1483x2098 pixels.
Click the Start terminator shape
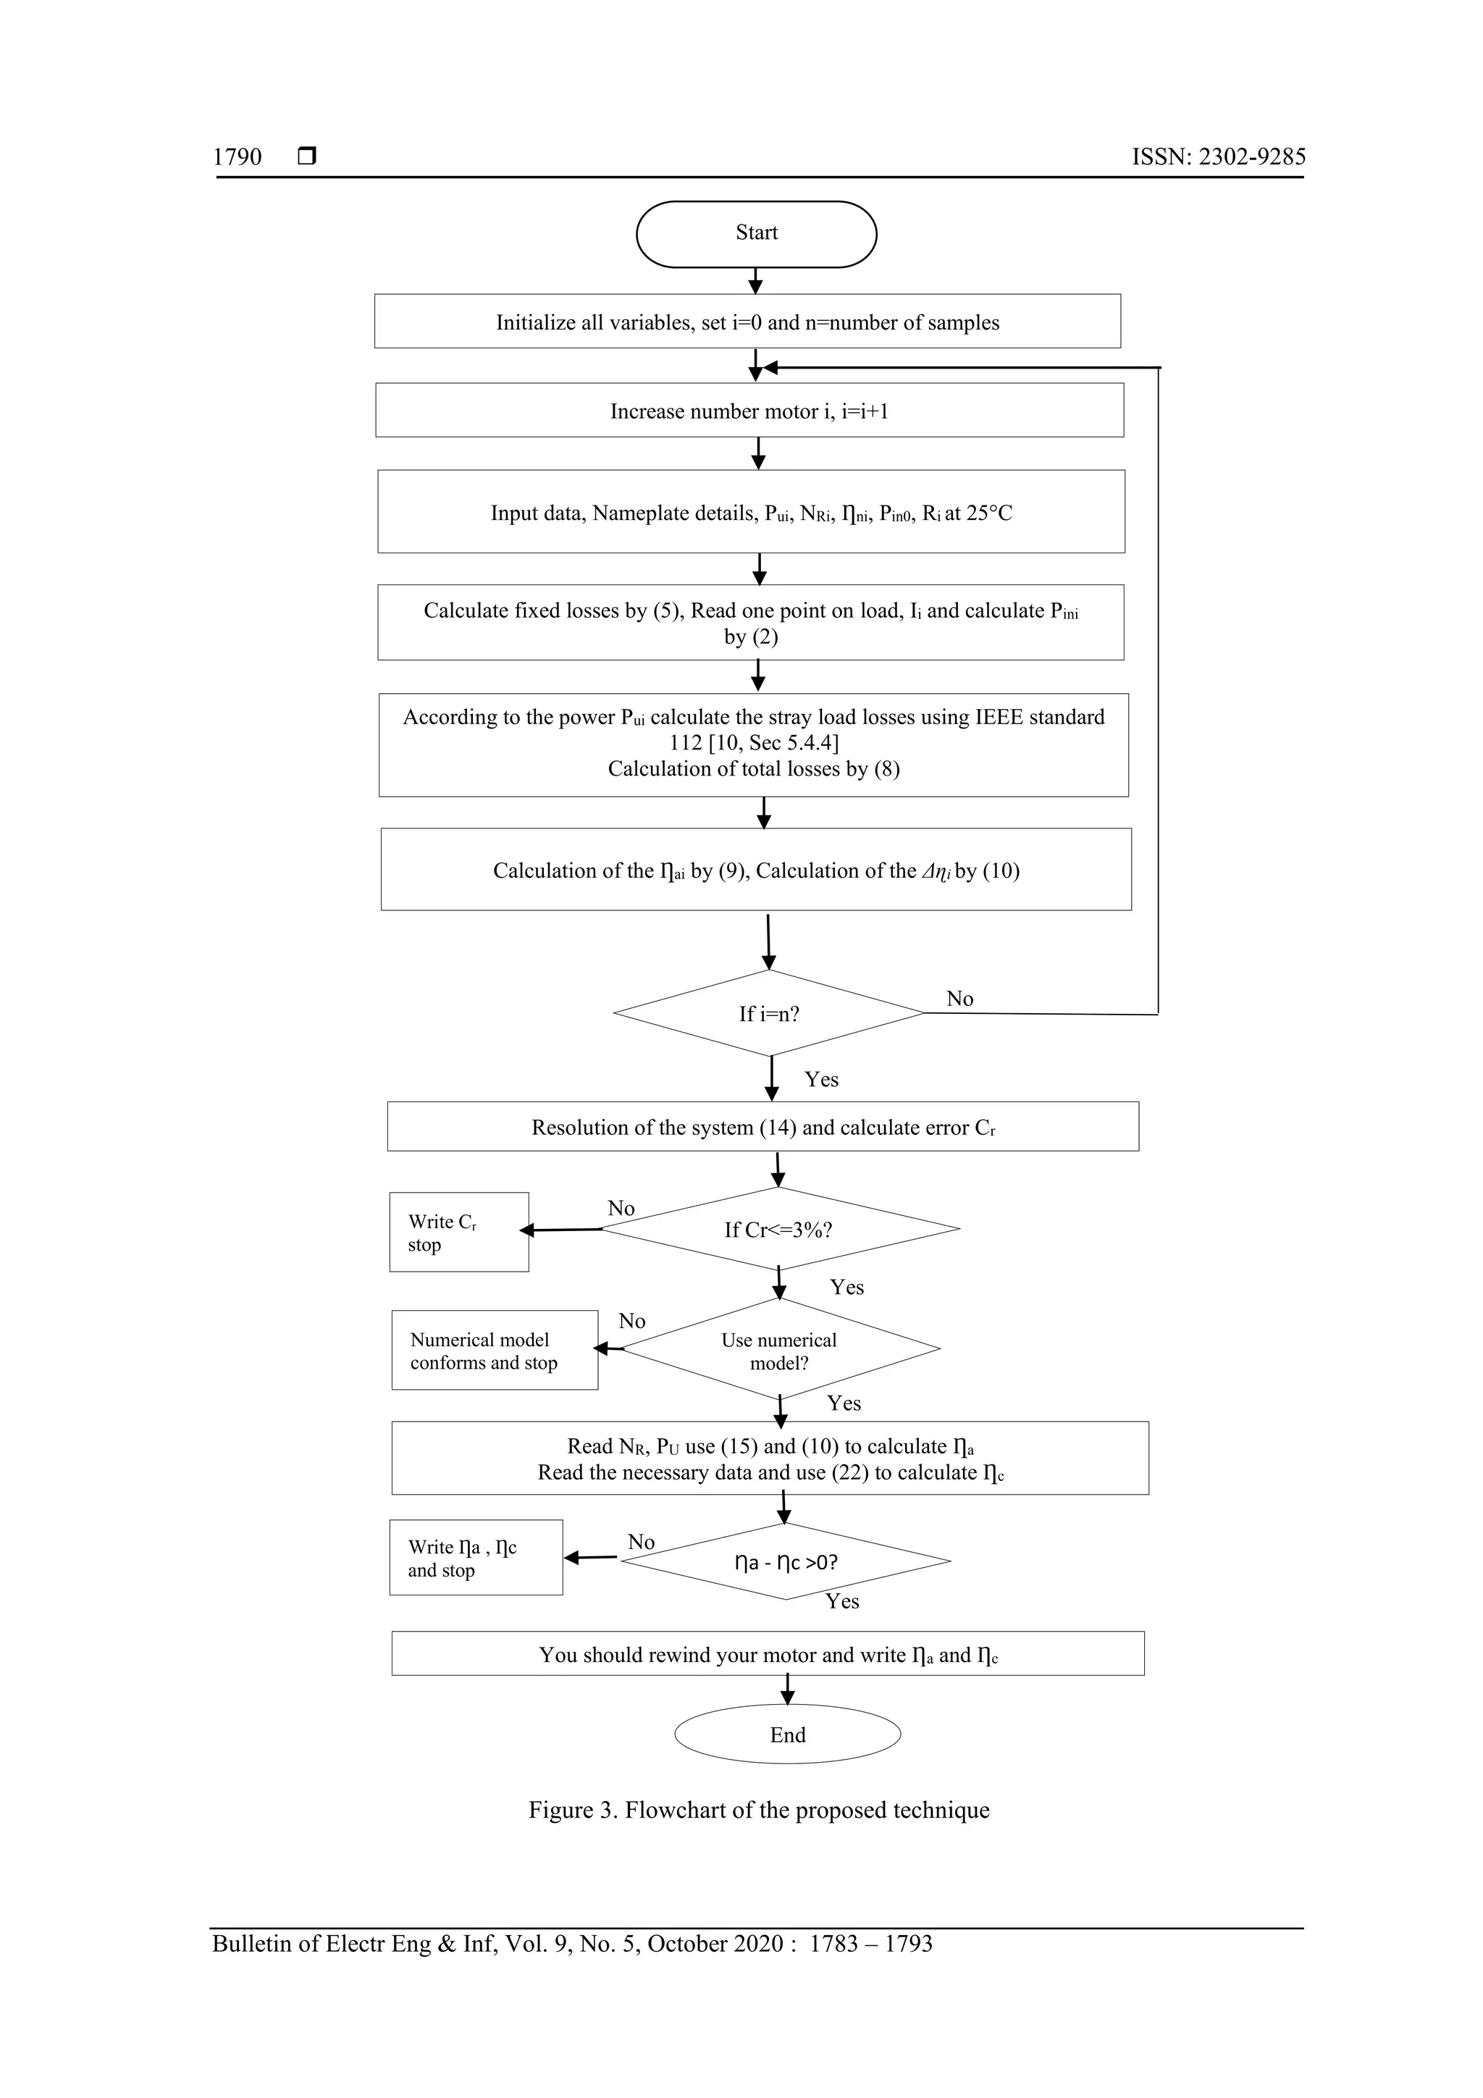coord(756,234)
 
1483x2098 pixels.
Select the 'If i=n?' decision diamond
coord(768,1013)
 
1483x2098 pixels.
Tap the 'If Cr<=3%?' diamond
coord(778,1229)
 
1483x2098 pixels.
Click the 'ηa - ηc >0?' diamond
coord(786,1561)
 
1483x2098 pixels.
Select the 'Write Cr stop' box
coord(458,1232)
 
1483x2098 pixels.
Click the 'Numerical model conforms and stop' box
coord(495,1351)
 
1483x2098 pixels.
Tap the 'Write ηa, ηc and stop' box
coord(475,1558)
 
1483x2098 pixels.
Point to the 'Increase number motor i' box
coord(749,411)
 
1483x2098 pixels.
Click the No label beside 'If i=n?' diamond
coord(959,999)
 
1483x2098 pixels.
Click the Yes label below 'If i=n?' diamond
coord(820,1079)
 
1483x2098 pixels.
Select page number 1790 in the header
coord(238,157)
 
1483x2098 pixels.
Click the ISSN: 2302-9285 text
coord(1218,157)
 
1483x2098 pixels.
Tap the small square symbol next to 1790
coord(307,156)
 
